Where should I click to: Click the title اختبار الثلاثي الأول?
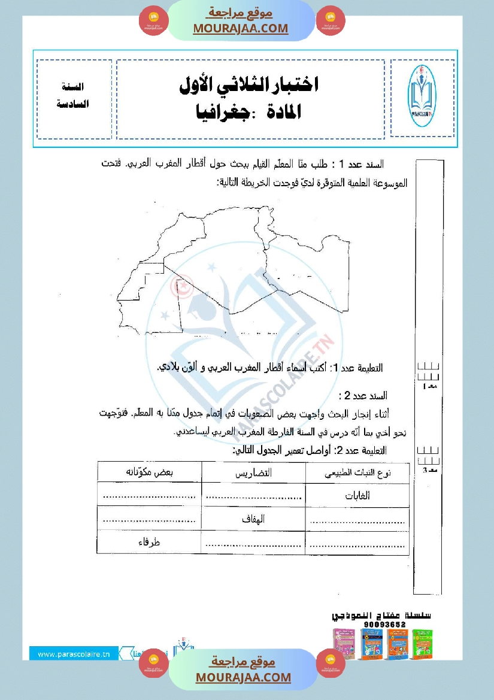pyautogui.click(x=249, y=85)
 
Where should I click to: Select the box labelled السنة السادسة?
pyautogui.click(x=74, y=96)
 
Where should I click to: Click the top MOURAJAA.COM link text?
pyautogui.click(x=240, y=28)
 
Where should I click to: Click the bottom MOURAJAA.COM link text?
pyautogui.click(x=243, y=677)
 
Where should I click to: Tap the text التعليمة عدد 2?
pyautogui.click(x=362, y=450)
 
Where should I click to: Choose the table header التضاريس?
pyautogui.click(x=254, y=472)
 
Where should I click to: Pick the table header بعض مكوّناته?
pyautogui.click(x=150, y=472)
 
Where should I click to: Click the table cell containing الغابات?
pyautogui.click(x=357, y=496)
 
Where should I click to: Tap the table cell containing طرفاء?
pyautogui.click(x=150, y=543)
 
